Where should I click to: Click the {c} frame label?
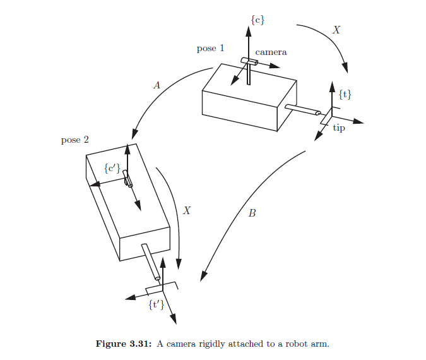(257, 20)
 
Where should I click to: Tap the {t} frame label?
(345, 95)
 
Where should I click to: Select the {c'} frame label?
(112, 168)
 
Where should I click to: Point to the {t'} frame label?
(156, 305)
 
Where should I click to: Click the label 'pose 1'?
(210, 49)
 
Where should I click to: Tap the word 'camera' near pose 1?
(271, 52)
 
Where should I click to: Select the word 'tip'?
(339, 128)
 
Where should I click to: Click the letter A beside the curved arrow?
(157, 85)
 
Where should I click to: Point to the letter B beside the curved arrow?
(252, 213)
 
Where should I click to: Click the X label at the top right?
(336, 30)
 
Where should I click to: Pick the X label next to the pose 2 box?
(186, 210)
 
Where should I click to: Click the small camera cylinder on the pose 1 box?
(249, 62)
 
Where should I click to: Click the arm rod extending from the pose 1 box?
(304, 110)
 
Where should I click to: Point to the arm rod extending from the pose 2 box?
(151, 261)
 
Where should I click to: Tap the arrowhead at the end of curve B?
(203, 276)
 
